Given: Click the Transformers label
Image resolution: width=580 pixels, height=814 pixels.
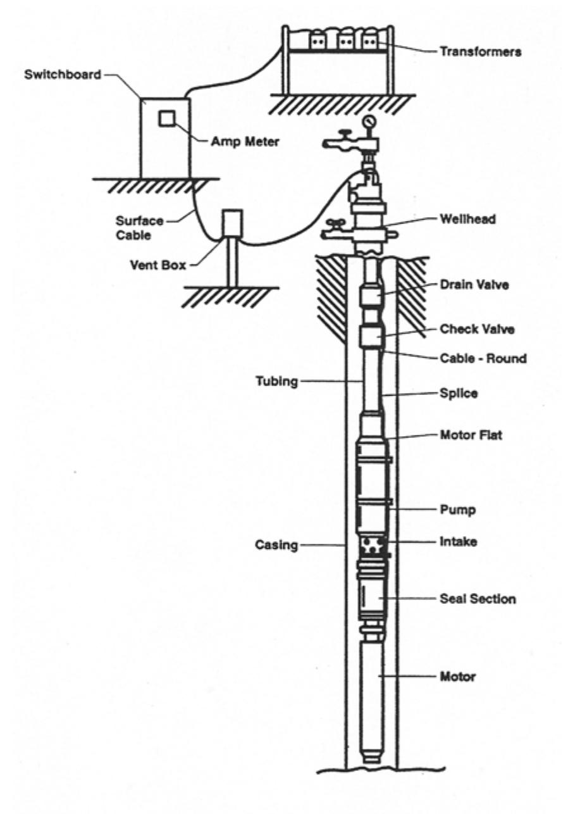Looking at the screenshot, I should click(x=480, y=52).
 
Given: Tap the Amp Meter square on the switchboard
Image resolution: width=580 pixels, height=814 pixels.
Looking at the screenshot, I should click(x=167, y=118).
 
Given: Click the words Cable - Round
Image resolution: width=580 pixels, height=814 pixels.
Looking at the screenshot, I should click(x=483, y=359).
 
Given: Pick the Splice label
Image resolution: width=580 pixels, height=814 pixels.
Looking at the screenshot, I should click(x=458, y=392).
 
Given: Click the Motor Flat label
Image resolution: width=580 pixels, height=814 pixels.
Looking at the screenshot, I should click(x=470, y=435).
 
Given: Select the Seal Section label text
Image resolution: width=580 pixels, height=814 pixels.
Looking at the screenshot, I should click(x=477, y=598).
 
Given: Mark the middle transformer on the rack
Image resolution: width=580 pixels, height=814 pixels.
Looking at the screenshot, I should click(x=345, y=41).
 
